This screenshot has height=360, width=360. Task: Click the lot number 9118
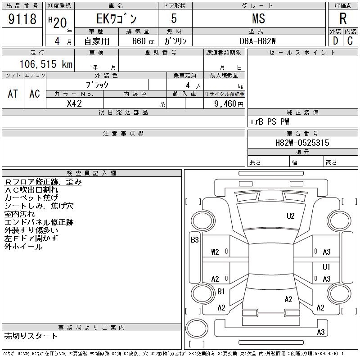tap(22, 19)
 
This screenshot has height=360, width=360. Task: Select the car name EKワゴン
tap(115, 19)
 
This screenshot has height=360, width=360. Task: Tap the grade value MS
tap(258, 19)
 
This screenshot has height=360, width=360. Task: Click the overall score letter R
tap(343, 19)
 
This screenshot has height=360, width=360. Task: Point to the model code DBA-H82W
tap(258, 41)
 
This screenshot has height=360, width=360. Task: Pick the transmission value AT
tap(13, 94)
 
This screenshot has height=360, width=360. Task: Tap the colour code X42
tap(74, 103)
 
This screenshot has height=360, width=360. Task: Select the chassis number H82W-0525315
tap(302, 143)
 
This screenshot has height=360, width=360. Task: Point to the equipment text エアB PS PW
tap(270, 121)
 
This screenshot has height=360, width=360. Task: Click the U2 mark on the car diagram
tap(291, 216)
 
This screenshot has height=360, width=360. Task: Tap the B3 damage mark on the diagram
tap(194, 240)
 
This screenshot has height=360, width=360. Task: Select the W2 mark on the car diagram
tap(215, 252)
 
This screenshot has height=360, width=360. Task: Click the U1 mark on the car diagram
tap(327, 267)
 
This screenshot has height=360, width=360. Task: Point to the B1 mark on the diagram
tap(221, 292)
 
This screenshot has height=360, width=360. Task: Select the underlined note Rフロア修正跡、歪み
tap(43, 182)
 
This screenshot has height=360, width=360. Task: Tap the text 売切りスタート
tap(31, 336)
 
